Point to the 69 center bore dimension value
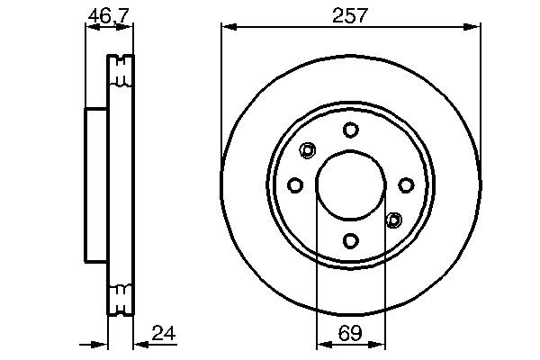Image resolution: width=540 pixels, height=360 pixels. [x=351, y=334]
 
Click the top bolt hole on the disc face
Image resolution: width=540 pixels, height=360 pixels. [x=351, y=130]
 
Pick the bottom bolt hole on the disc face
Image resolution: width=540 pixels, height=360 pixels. [x=351, y=240]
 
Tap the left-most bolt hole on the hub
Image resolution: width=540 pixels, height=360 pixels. [x=295, y=184]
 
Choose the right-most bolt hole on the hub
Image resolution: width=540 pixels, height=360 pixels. [x=406, y=184]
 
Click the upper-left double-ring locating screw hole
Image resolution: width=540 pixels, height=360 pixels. [x=309, y=150]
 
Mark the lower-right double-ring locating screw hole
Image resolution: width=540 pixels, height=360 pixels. [x=393, y=219]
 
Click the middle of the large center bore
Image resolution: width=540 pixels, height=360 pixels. [x=351, y=184]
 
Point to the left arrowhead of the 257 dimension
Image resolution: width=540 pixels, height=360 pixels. [x=228, y=28]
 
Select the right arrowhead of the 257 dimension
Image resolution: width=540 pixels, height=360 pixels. [x=474, y=28]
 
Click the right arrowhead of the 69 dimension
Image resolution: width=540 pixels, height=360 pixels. [x=379, y=344]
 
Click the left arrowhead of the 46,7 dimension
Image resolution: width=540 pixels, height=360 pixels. [x=90, y=28]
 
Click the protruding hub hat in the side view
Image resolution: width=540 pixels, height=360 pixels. [x=96, y=184]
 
